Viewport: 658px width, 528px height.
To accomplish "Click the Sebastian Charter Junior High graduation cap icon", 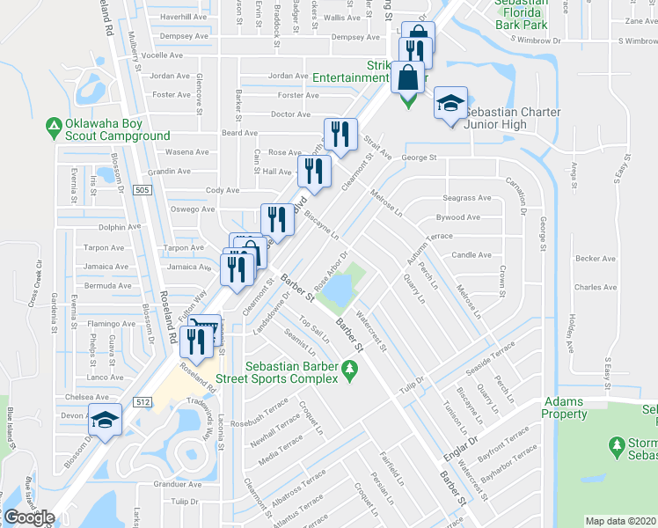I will (x=450, y=104).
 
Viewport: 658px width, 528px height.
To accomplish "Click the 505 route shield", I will (x=142, y=190).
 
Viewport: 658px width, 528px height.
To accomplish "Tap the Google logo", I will (x=28, y=517).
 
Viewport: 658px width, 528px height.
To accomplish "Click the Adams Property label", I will (x=563, y=407).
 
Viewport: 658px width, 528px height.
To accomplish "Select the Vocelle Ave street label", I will (x=173, y=55).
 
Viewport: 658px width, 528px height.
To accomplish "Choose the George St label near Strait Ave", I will (x=420, y=158).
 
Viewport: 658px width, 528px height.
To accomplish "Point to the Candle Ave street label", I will (x=471, y=255).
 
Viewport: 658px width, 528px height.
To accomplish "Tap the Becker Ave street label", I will (x=595, y=259).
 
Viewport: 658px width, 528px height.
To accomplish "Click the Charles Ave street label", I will (x=595, y=287).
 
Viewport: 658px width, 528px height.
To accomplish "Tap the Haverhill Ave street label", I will (x=183, y=17).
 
